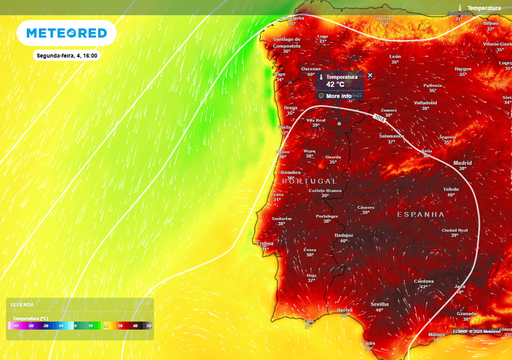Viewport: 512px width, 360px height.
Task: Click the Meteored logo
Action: tap(66, 33)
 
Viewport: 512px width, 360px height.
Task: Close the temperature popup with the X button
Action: tap(370, 75)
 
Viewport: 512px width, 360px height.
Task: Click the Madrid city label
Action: tap(461, 162)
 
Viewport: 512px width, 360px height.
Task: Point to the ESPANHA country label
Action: tap(420, 214)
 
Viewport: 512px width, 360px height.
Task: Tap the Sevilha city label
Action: tap(379, 303)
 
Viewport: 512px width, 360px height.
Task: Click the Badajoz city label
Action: tap(344, 235)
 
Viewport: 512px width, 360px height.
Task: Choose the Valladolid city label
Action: tap(426, 102)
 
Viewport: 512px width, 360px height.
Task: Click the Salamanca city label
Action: tap(390, 135)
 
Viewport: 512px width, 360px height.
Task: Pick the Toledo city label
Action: tap(451, 188)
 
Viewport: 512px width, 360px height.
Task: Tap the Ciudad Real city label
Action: tap(456, 230)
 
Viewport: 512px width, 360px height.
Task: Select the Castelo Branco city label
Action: tap(325, 190)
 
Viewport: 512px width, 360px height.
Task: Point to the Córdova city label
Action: tap(424, 281)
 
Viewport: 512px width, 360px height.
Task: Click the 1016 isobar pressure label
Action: tap(382, 117)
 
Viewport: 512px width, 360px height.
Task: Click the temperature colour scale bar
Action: tap(80, 325)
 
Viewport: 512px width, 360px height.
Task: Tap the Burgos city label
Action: tap(462, 69)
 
